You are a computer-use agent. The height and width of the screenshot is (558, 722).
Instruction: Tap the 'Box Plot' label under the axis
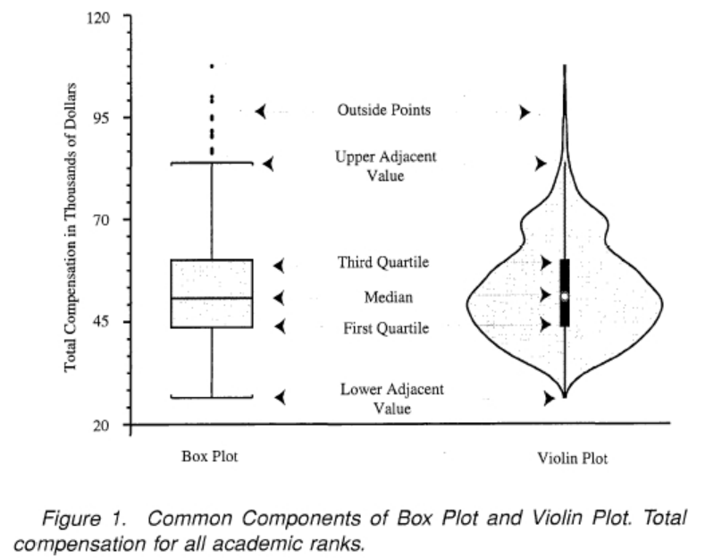click(209, 457)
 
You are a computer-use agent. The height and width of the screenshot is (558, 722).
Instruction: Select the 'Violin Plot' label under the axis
click(572, 460)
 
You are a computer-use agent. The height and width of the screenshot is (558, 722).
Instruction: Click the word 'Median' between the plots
click(389, 296)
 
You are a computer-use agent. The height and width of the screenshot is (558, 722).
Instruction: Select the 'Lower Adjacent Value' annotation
click(392, 399)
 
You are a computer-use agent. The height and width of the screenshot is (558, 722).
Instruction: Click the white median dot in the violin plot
click(565, 296)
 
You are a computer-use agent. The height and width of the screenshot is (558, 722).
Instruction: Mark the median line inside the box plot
click(212, 298)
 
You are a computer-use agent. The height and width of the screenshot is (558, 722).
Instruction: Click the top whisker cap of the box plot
click(212, 163)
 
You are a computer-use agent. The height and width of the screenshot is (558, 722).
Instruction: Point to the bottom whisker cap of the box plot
click(212, 397)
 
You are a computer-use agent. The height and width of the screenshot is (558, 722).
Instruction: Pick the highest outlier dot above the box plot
click(212, 66)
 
